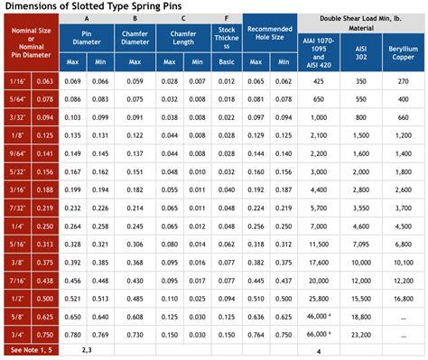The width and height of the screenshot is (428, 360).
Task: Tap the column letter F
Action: point(227,18)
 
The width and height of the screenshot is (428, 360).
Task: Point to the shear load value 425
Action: point(318,81)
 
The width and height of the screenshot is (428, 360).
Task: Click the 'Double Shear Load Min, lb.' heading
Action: point(361,18)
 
